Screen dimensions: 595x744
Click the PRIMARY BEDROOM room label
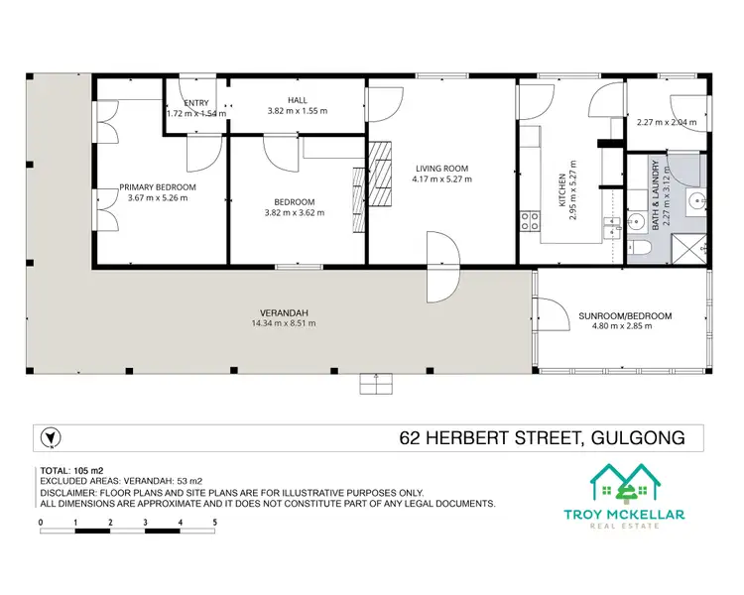(158, 186)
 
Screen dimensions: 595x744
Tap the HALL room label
(298, 100)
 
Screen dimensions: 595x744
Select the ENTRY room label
(196, 101)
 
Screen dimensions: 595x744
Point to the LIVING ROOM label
(441, 168)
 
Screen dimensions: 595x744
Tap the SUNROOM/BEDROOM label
(625, 316)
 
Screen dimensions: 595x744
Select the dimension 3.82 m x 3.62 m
(295, 212)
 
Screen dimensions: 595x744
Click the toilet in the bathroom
(640, 247)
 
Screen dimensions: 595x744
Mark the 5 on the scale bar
(214, 521)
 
